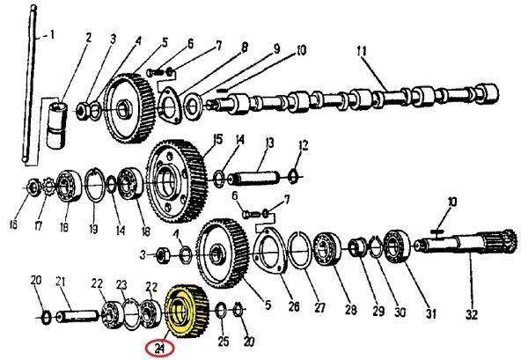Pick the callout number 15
(217, 138)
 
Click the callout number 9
(275, 49)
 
